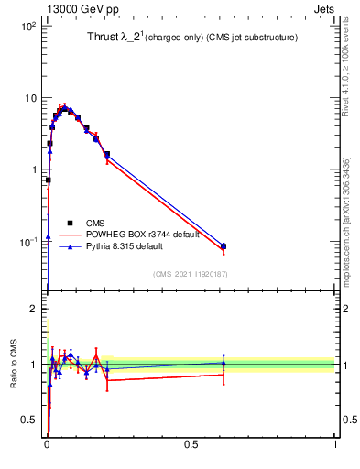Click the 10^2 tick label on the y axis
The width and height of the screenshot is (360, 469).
click(27, 27)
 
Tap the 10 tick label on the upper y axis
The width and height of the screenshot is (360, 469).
click(29, 98)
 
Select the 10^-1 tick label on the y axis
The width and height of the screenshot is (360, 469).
click(27, 243)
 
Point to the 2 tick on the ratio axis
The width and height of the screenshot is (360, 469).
click(34, 309)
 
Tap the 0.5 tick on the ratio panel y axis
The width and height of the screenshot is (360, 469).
click(29, 420)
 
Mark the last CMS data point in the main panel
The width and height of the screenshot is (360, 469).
click(224, 246)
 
